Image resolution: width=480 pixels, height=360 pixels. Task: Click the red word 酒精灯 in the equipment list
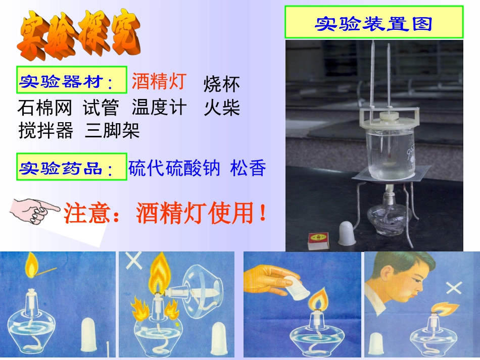pos(159,81)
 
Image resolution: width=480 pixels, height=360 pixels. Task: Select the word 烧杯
pos(221,84)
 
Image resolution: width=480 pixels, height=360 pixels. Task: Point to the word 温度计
pos(159,108)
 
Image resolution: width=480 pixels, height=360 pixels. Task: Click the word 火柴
pos(221,108)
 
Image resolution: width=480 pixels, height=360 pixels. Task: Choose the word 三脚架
pos(112,131)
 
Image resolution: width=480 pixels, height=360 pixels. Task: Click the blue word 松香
pos(248,168)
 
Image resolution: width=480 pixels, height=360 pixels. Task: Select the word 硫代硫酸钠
pos(174,168)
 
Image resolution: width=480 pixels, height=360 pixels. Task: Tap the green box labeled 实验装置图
pos(373,22)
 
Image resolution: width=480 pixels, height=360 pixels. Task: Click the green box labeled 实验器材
pos(71,80)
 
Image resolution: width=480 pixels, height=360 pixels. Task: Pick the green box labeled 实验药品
pos(71,167)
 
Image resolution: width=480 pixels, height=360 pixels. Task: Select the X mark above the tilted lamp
pos(133,262)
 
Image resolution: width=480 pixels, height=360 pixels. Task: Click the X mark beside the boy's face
pos(454,288)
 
